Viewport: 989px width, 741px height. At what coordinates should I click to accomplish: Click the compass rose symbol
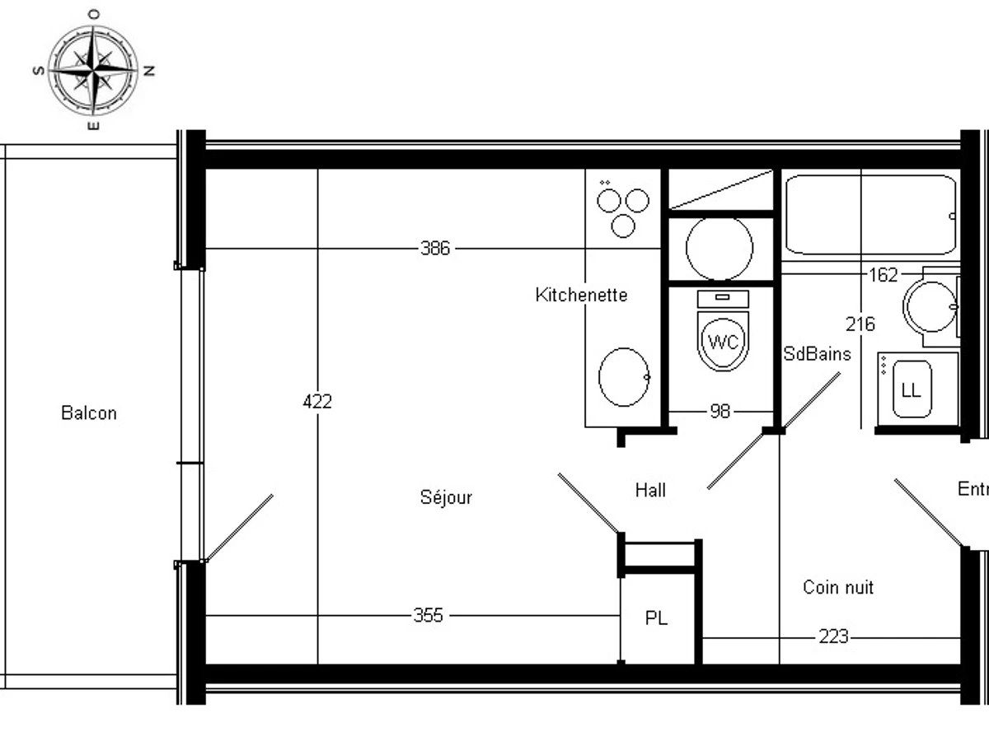(x=93, y=70)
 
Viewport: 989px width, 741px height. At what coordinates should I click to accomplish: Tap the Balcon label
(x=89, y=413)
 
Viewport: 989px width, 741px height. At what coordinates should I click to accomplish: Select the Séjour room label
(x=446, y=497)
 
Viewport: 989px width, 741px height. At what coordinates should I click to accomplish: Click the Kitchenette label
(x=581, y=295)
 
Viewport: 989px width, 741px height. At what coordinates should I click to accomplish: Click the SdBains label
(x=817, y=354)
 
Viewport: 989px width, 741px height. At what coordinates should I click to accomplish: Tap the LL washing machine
(x=911, y=390)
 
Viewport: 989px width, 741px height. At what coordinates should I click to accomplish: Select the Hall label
(x=650, y=491)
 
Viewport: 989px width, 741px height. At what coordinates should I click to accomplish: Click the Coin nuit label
(x=838, y=587)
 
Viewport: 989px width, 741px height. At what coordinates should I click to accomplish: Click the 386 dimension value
(x=435, y=249)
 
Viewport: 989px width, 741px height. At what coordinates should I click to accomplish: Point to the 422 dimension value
(x=317, y=402)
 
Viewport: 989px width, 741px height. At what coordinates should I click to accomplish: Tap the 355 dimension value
(x=429, y=615)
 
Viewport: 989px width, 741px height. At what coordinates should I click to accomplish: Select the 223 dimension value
(x=834, y=637)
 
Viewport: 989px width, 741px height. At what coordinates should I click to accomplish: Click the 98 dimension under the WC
(x=720, y=411)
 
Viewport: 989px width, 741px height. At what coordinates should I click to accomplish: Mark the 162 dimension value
(x=883, y=275)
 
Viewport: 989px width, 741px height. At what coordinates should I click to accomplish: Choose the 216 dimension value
(x=860, y=324)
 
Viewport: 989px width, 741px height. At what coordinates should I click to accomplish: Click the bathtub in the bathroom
(x=869, y=214)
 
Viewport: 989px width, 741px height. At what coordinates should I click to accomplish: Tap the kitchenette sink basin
(x=624, y=377)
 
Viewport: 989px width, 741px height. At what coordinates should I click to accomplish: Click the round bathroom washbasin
(x=930, y=306)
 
